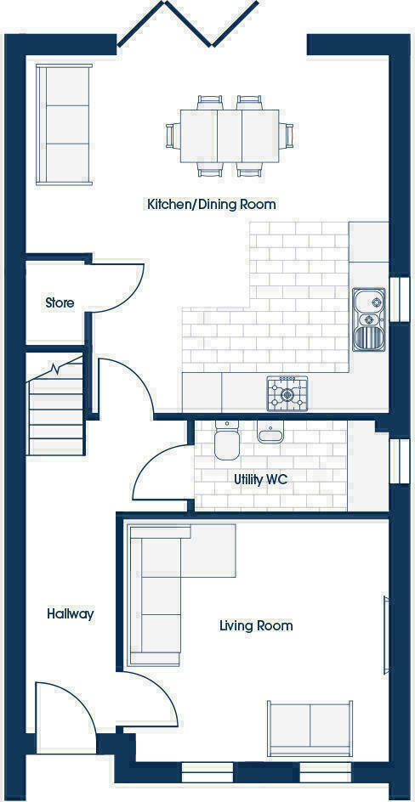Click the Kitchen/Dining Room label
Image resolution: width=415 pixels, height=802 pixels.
coord(212,205)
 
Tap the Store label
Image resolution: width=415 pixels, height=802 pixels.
coord(60,302)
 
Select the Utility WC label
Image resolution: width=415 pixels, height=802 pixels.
coord(261,479)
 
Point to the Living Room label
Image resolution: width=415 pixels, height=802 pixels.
coord(256,626)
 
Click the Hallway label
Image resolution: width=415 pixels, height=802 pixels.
coord(70,613)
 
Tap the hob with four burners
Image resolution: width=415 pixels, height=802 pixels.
coord(287,393)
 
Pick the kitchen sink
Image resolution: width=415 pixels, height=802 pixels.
coord(369,319)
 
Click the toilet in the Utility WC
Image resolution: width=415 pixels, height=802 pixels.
coord(227,442)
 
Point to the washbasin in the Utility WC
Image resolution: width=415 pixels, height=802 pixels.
coord(271,432)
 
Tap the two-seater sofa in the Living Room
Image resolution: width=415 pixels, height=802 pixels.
coord(310,727)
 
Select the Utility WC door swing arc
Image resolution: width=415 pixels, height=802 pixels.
coord(162,476)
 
